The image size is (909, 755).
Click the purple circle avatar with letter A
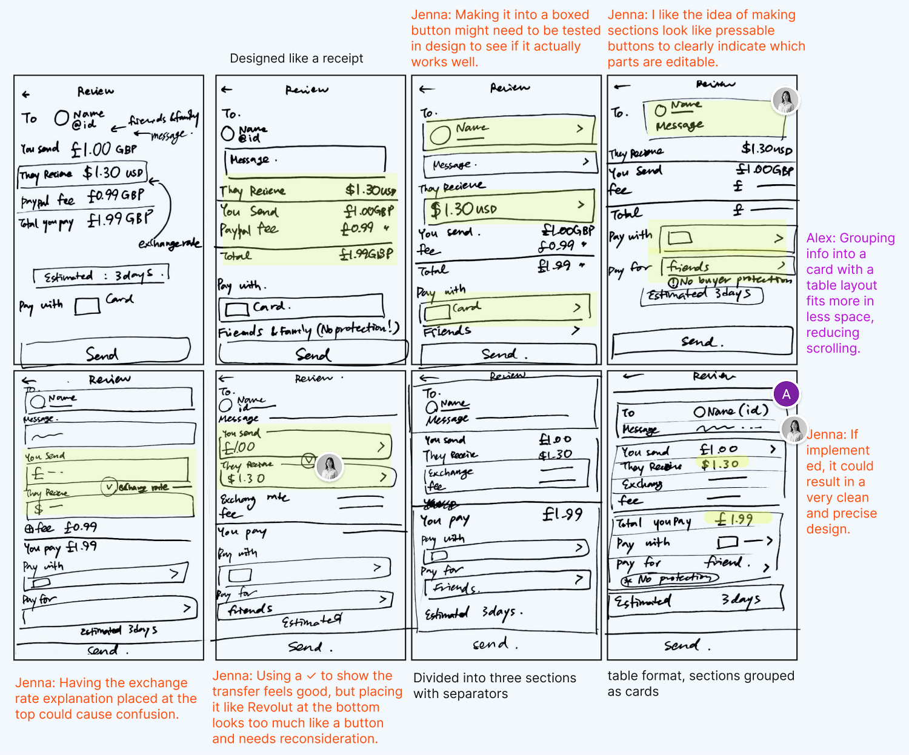(786, 394)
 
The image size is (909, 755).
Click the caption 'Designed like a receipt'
(296, 58)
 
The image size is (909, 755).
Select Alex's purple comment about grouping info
(850, 293)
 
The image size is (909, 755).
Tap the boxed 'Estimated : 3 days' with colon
(101, 276)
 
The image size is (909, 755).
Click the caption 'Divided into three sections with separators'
(494, 685)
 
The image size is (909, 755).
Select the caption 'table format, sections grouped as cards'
(701, 683)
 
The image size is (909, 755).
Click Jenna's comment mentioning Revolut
(307, 707)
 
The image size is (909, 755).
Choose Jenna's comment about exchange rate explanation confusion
(106, 698)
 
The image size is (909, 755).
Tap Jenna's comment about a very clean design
(841, 481)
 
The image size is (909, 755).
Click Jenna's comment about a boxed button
(505, 38)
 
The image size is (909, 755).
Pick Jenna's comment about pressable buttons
(706, 38)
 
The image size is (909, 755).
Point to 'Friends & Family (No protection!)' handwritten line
(308, 330)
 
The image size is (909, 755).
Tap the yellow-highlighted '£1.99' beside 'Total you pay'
(735, 519)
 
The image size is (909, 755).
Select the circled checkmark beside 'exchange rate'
(109, 487)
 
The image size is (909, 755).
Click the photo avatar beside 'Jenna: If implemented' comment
(794, 429)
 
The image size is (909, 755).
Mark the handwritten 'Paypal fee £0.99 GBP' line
(83, 198)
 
